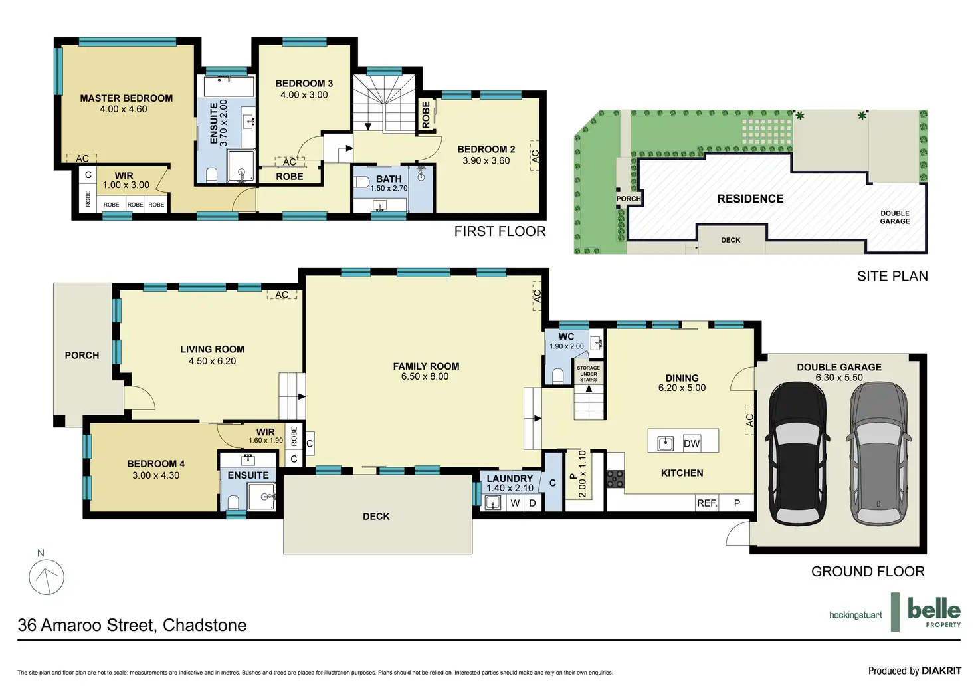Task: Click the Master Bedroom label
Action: click(126, 98)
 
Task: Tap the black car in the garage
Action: click(797, 453)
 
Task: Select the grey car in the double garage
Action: click(878, 453)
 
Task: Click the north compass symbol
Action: click(47, 577)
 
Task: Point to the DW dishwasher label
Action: click(692, 444)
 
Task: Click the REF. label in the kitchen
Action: click(708, 503)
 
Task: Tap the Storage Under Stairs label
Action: click(589, 374)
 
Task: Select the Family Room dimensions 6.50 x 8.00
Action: click(425, 377)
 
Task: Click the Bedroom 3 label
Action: click(304, 84)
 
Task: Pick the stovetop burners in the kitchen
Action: click(615, 479)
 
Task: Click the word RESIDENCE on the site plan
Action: click(750, 199)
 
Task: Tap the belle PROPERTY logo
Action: click(934, 612)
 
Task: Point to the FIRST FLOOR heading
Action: click(500, 231)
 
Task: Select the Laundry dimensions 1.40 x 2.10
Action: click(510, 488)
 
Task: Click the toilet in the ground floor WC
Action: click(557, 376)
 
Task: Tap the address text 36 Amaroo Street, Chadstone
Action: click(132, 625)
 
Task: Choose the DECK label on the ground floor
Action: click(376, 517)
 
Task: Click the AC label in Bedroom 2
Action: click(536, 156)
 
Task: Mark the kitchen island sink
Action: click(665, 444)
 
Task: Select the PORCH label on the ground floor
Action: click(82, 356)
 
